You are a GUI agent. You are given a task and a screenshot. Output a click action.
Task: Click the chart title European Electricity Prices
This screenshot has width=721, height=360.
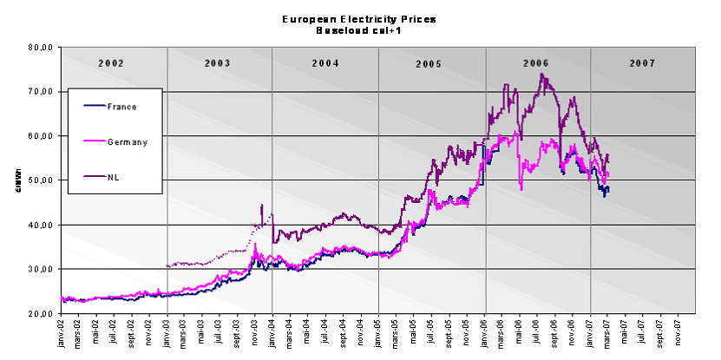[x=359, y=18]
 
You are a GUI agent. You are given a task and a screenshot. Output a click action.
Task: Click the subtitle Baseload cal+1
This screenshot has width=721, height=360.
[x=359, y=29]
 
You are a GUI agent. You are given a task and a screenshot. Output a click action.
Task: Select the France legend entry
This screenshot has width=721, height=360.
[x=121, y=106]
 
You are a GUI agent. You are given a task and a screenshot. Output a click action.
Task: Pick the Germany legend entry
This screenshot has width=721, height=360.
[x=127, y=141]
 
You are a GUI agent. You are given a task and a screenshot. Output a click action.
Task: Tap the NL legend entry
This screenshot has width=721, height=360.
[x=113, y=176]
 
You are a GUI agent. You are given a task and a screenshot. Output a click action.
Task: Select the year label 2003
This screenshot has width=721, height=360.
[x=218, y=63]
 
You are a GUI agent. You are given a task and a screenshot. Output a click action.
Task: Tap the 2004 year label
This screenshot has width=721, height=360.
[x=325, y=63]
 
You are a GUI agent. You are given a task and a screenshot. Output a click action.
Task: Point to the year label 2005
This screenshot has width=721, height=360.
[x=429, y=64]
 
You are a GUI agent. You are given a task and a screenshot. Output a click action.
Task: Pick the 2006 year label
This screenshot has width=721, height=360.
[x=536, y=63]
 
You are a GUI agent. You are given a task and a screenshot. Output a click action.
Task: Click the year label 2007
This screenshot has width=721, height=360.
[x=643, y=63]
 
